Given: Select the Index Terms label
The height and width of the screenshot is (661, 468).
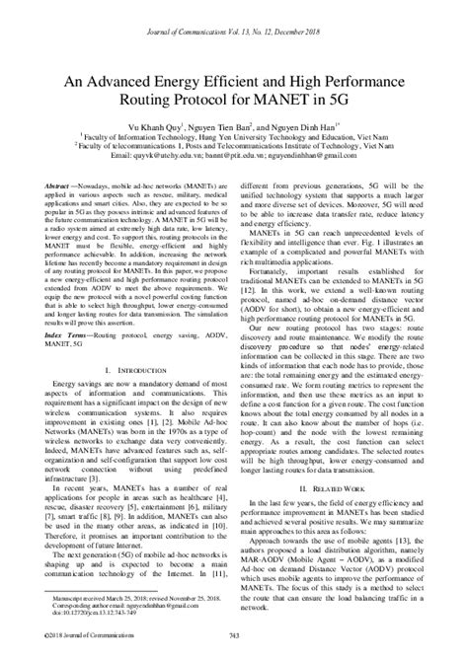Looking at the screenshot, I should (x=64, y=307).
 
